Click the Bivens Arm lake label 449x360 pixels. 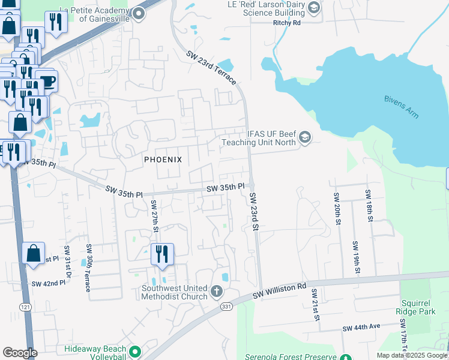pos(402,106)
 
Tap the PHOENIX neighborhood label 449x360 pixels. pos(162,160)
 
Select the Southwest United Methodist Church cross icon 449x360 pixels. pos(217,292)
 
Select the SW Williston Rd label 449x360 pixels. pos(279,289)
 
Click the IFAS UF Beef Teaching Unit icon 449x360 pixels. pos(304,138)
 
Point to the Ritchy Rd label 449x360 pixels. pos(286,22)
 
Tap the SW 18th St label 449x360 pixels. pos(369,205)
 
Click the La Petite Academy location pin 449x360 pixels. pos(139,13)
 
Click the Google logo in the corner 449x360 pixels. pos(19,352)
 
